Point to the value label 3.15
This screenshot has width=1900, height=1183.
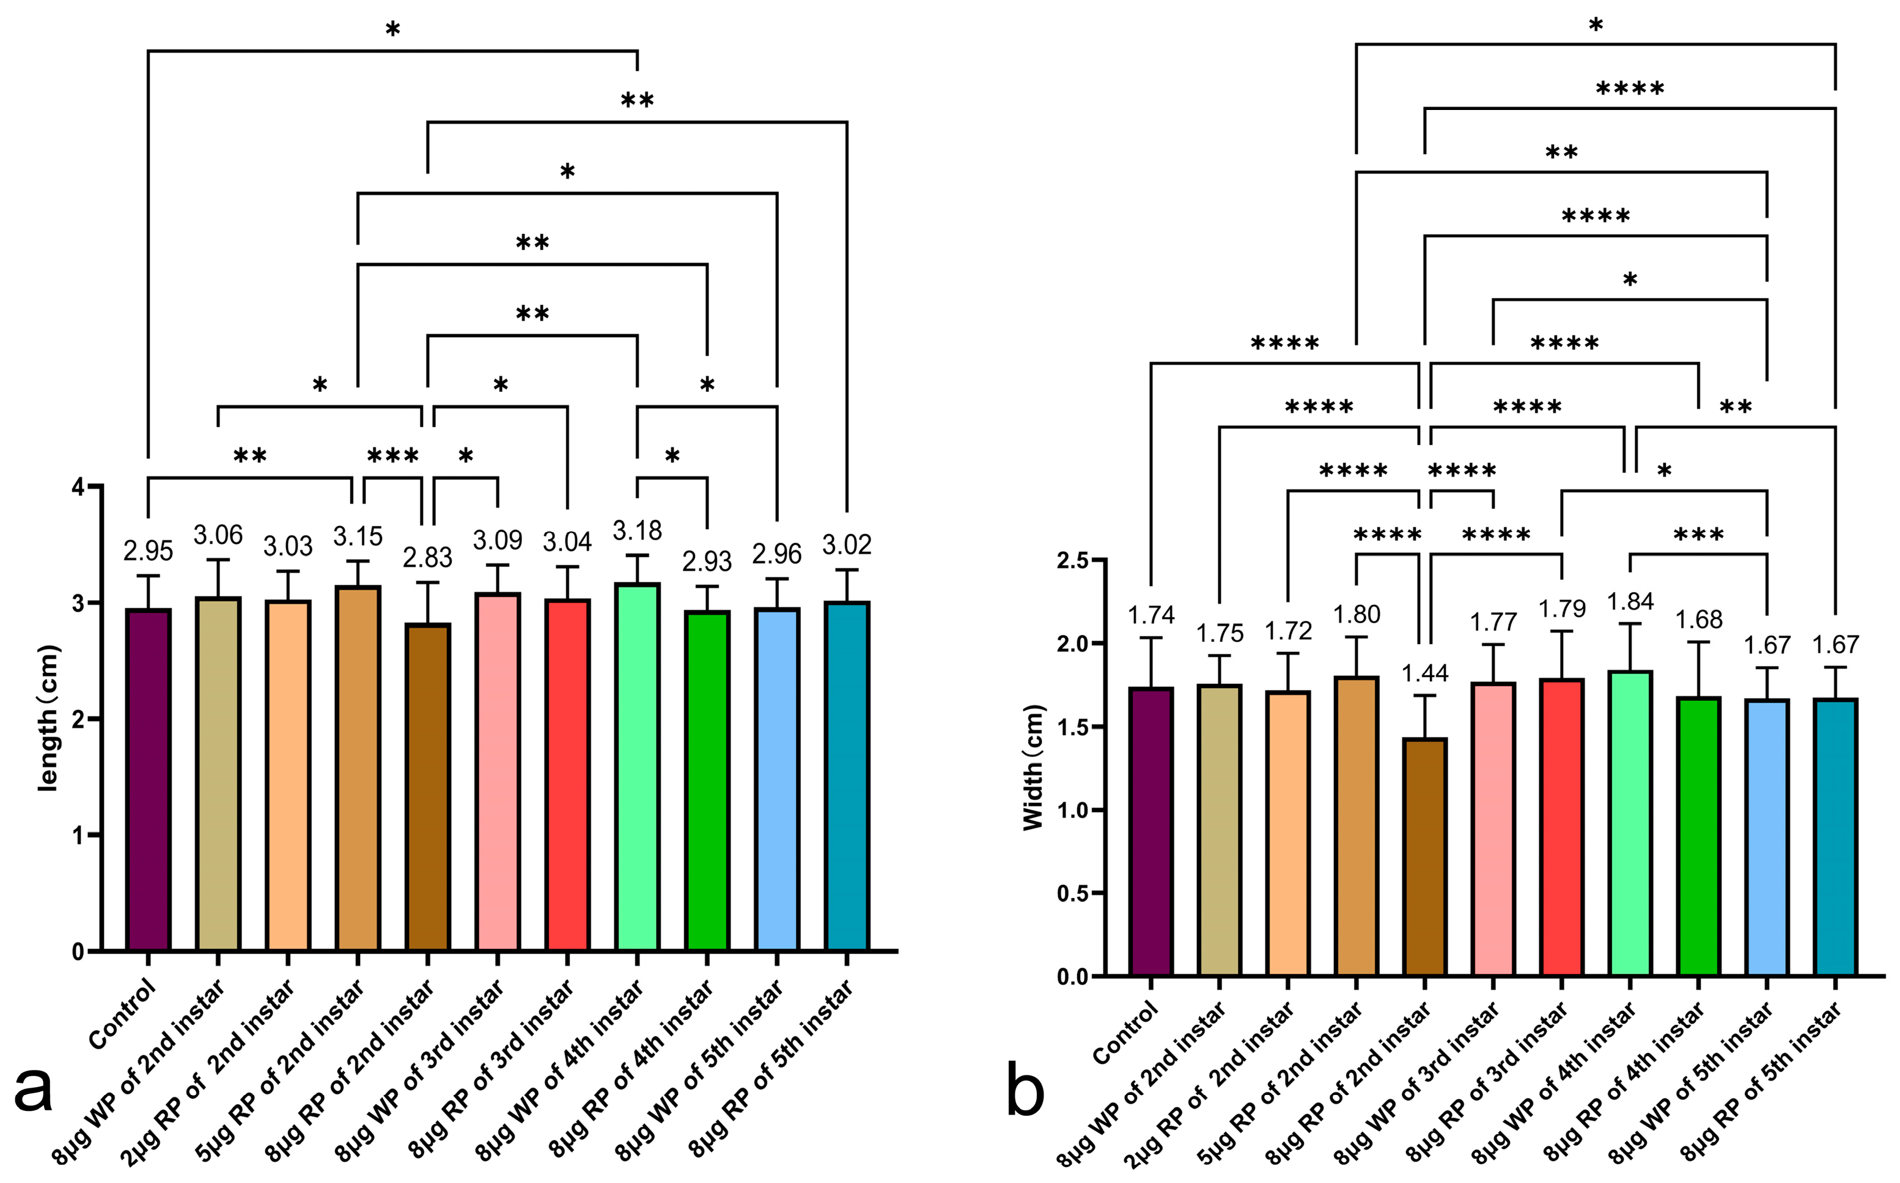coord(358,537)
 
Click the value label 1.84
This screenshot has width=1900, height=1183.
coord(1630,602)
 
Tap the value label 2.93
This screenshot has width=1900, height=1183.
coord(707,562)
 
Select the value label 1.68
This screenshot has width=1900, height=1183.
coord(1698,620)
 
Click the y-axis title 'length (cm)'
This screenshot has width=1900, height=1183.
coord(48,717)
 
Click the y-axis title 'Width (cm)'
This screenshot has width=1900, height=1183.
coord(1034,767)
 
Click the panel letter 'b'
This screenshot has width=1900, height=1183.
coord(1025,1091)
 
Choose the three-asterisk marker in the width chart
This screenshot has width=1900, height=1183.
coord(1698,537)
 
